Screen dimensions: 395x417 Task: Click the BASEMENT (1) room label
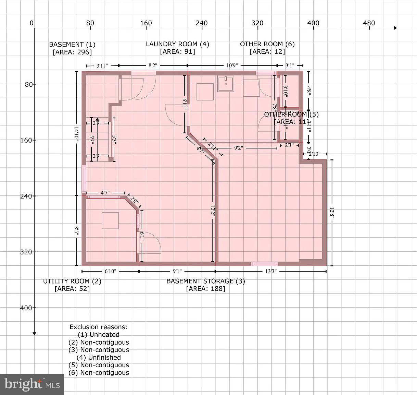(x=72, y=44)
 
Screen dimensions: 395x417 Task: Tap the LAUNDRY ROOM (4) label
(x=177, y=44)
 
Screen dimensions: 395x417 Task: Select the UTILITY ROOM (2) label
(x=72, y=281)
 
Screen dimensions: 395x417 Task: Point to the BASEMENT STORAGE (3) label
(x=205, y=281)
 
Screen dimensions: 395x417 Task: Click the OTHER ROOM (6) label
(x=267, y=44)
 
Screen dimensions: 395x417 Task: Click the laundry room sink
(x=226, y=84)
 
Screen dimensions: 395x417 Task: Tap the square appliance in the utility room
(x=110, y=220)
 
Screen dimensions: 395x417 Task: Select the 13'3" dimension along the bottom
(x=271, y=271)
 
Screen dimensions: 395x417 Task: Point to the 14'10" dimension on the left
(x=76, y=134)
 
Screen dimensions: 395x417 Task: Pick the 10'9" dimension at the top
(x=232, y=65)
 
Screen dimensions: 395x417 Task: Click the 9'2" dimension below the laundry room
(x=239, y=148)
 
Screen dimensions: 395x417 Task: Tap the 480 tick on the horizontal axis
(x=369, y=23)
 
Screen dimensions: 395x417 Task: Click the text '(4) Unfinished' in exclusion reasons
(x=99, y=357)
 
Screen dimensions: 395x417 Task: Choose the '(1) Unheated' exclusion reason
(x=99, y=335)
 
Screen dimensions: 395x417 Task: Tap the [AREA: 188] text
(x=205, y=289)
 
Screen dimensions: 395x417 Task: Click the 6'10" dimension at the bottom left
(x=110, y=271)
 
